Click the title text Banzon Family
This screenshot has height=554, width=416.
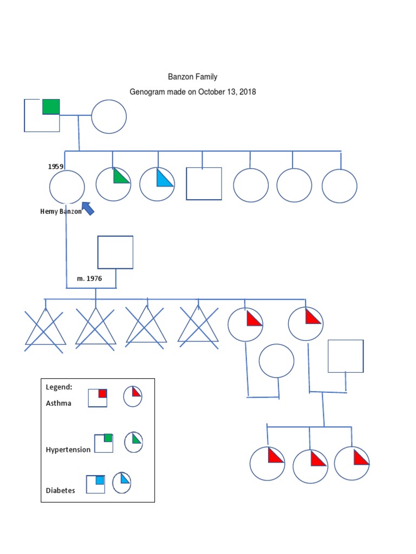[x=193, y=77]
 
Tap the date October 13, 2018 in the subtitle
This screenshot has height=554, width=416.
[x=227, y=92]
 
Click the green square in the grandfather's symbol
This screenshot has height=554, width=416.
[x=51, y=107]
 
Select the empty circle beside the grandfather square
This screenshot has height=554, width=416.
[x=109, y=116]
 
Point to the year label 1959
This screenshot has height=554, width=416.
[x=56, y=167]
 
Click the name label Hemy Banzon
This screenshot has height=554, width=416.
[x=61, y=212]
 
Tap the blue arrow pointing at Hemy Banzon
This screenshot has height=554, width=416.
[x=87, y=207]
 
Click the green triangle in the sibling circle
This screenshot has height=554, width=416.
[x=120, y=177]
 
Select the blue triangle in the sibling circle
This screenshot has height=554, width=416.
[x=164, y=179]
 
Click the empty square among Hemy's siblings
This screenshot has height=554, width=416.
[x=204, y=184]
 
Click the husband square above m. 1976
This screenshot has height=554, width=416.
[x=115, y=252]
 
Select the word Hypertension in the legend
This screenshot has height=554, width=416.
[x=68, y=450]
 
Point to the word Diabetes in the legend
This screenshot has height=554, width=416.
[x=61, y=490]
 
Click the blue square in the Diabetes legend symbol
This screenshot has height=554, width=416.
[x=100, y=480]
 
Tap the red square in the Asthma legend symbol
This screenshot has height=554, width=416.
[x=102, y=393]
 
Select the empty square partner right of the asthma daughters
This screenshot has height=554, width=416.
[x=346, y=356]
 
